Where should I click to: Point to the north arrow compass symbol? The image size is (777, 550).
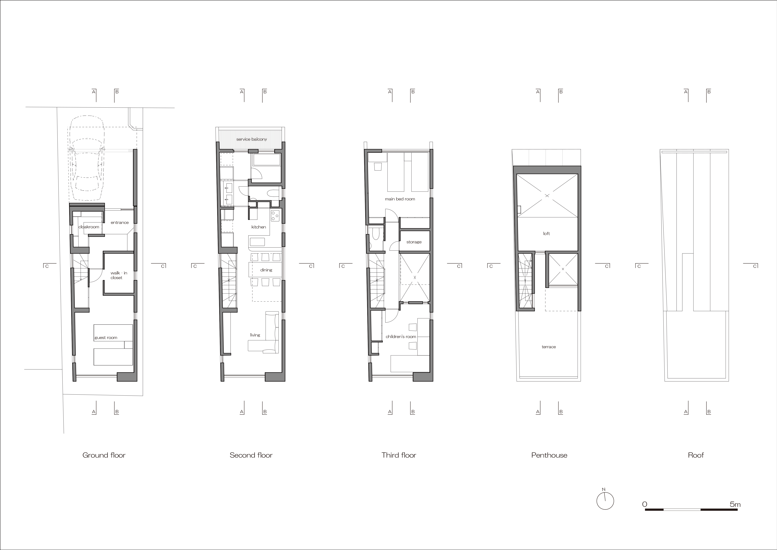point(605,501)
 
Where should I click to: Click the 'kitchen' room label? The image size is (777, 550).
point(259,227)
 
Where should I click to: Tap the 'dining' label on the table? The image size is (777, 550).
point(266,270)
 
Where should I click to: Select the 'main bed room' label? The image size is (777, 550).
point(400,199)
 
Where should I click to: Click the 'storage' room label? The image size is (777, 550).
point(414,242)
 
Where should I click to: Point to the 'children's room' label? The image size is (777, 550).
point(401,337)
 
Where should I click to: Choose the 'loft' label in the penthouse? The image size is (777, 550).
point(546,233)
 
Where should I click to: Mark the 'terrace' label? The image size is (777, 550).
point(549,347)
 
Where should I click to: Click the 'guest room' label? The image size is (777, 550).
point(106,338)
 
